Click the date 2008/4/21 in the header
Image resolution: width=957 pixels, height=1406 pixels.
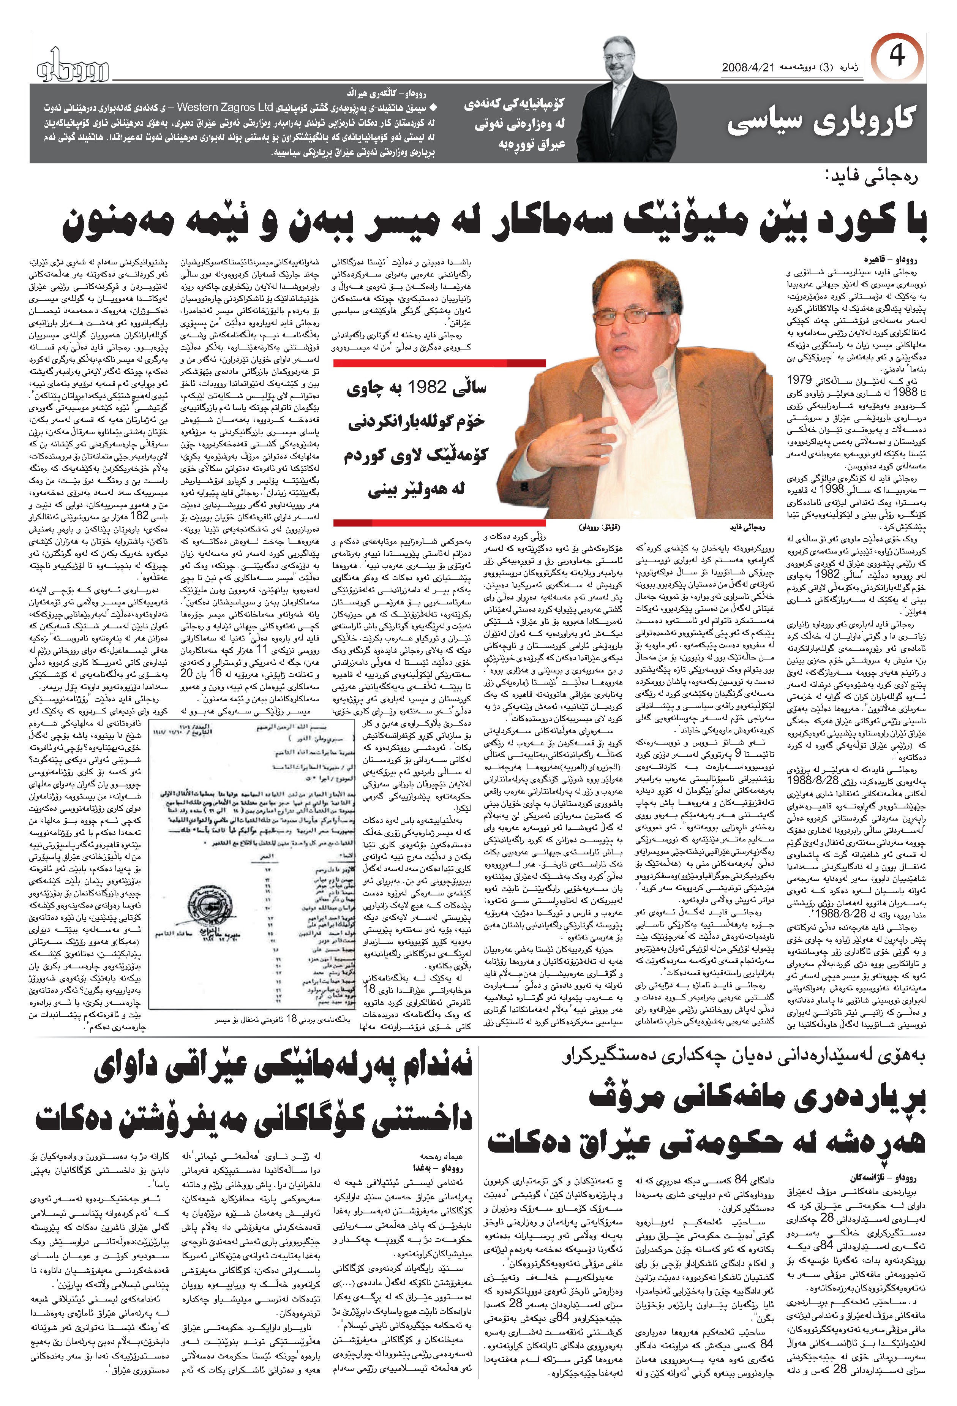point(748,67)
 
